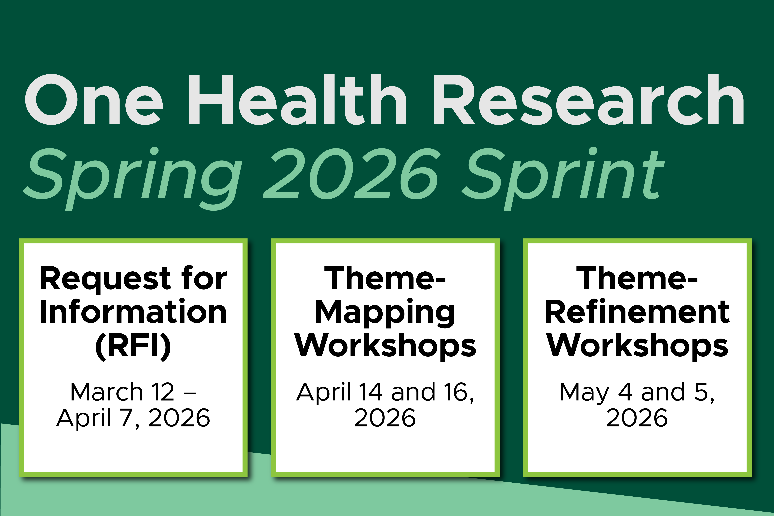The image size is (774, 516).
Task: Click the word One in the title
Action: tap(94, 100)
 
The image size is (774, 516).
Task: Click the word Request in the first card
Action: tap(105, 279)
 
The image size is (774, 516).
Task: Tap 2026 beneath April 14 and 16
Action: tap(385, 418)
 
